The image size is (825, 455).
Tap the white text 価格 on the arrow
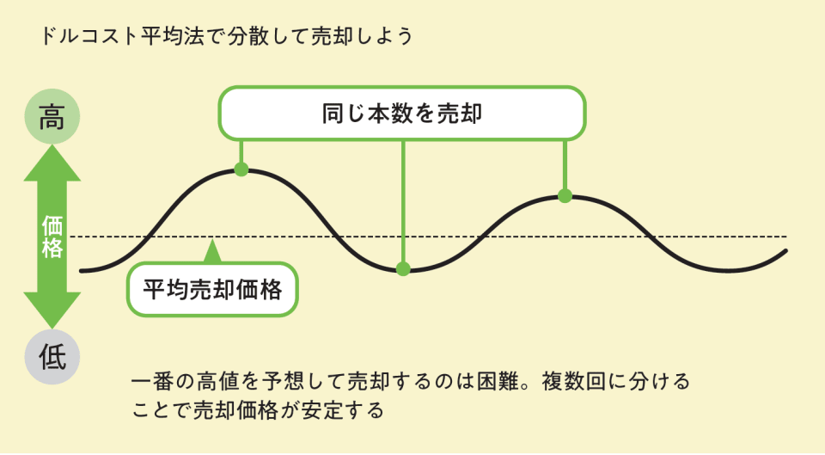52,237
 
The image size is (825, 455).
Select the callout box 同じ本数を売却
402,113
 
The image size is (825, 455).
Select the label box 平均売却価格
212,290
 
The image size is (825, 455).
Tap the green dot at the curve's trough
403,269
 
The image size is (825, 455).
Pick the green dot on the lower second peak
565,196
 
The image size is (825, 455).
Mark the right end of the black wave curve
786,251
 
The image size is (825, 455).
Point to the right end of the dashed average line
785,236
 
